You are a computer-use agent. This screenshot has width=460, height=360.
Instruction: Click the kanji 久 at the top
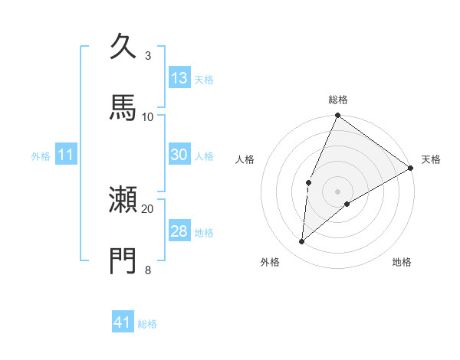[123, 47]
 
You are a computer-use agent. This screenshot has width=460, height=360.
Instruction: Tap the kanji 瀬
[123, 201]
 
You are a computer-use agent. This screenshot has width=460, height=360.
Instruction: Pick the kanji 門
[123, 260]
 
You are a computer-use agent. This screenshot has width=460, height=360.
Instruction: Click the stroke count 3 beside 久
[148, 56]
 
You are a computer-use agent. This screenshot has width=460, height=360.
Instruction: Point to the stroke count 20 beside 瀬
[148, 208]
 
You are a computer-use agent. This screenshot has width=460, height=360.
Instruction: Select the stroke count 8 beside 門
[148, 269]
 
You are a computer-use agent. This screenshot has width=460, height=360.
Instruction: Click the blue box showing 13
[179, 77]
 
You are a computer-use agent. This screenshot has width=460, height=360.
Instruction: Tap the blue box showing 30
[179, 155]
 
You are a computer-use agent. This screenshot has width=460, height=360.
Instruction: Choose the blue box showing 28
[179, 231]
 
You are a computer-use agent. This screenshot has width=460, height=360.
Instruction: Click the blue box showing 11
[66, 155]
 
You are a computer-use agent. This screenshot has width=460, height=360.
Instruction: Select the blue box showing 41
[123, 322]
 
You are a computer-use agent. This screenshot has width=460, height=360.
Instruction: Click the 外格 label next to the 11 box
[41, 156]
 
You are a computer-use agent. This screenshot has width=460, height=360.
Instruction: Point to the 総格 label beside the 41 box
[147, 324]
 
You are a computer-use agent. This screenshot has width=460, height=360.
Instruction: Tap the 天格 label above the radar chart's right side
[431, 159]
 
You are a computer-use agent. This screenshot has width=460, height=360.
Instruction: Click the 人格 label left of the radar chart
[245, 159]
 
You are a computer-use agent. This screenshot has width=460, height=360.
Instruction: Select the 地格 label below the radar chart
[402, 262]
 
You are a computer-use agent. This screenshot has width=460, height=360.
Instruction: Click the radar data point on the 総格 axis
[337, 116]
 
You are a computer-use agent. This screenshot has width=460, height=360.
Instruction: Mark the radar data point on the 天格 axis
[410, 168]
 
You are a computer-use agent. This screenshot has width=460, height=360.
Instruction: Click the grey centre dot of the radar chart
[337, 191]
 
